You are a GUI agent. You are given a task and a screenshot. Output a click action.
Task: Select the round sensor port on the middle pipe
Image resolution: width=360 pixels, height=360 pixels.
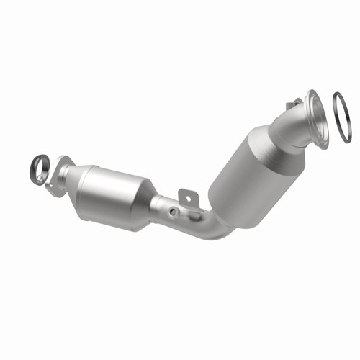174,211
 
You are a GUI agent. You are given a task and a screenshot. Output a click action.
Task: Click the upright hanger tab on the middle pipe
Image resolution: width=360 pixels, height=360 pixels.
187,195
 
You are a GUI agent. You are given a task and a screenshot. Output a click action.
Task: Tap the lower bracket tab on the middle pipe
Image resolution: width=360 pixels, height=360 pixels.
192,214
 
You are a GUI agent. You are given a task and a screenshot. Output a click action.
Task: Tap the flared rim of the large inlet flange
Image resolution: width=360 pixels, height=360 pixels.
317,119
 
